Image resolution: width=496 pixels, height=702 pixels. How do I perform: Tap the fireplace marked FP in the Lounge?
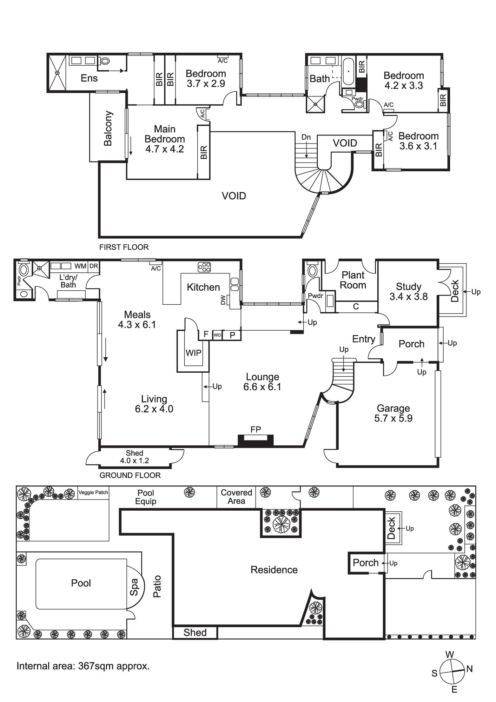tap(256, 440)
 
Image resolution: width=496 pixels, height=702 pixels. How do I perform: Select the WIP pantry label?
tap(193, 352)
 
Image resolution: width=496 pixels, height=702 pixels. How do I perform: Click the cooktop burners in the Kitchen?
tap(204, 267)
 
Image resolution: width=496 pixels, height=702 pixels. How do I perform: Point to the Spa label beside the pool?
tap(134, 587)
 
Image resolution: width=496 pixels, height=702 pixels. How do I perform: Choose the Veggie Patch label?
tap(93, 492)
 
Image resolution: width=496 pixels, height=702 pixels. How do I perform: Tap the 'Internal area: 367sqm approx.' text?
tap(83, 666)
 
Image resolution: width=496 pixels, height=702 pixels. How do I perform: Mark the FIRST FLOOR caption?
tap(124, 247)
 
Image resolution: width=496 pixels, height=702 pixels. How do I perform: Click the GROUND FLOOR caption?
tap(130, 475)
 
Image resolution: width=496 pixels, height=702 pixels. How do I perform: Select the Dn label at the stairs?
tap(306, 137)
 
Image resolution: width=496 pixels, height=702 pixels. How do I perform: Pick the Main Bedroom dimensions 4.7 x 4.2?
tap(165, 149)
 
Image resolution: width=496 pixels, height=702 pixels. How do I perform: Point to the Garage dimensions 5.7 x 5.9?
tap(393, 418)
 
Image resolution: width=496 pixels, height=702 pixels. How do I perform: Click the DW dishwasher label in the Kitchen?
tap(224, 300)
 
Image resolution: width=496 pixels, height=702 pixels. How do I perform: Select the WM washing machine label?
tap(80, 266)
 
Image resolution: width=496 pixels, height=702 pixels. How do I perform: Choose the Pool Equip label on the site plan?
tap(146, 497)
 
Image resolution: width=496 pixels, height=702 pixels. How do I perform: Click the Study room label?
tap(408, 287)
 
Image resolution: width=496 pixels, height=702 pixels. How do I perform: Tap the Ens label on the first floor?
tap(89, 78)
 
